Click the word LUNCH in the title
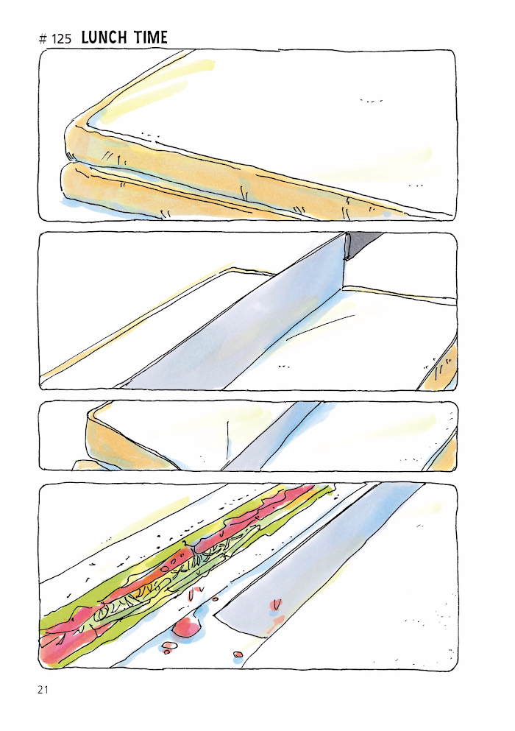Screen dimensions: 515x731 pos(104,38)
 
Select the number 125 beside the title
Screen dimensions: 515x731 pos(62,39)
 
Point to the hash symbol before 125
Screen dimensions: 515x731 pos(43,39)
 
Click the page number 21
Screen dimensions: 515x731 pos(43,690)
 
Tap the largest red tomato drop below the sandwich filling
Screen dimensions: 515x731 pos(186,626)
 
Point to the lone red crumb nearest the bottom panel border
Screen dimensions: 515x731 pos(238,655)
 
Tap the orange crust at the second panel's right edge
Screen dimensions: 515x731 pos(444,368)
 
